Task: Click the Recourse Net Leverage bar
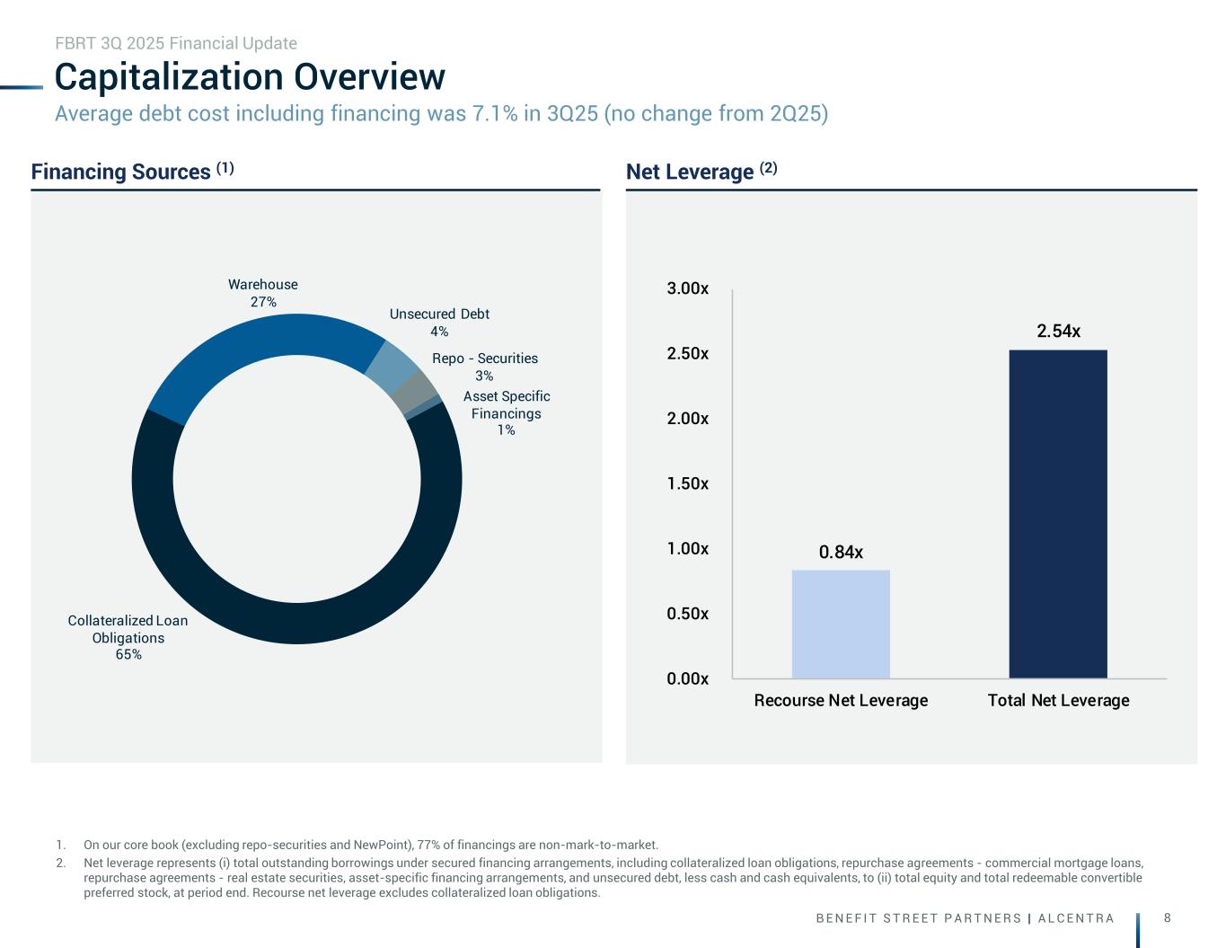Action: click(841, 624)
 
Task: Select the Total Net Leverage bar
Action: click(1058, 513)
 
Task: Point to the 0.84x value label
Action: click(841, 552)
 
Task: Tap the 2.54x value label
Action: click(1058, 332)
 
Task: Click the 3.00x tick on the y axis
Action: click(687, 289)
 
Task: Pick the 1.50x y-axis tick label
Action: click(687, 484)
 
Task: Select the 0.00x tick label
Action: click(687, 679)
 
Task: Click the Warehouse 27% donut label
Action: click(263, 293)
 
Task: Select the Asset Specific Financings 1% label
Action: click(507, 412)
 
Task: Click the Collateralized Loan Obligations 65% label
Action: click(128, 637)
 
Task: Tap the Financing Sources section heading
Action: click(133, 172)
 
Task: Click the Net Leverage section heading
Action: click(701, 172)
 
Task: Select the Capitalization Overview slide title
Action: click(250, 77)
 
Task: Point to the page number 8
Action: click(1167, 917)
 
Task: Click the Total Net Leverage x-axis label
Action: click(1058, 700)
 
